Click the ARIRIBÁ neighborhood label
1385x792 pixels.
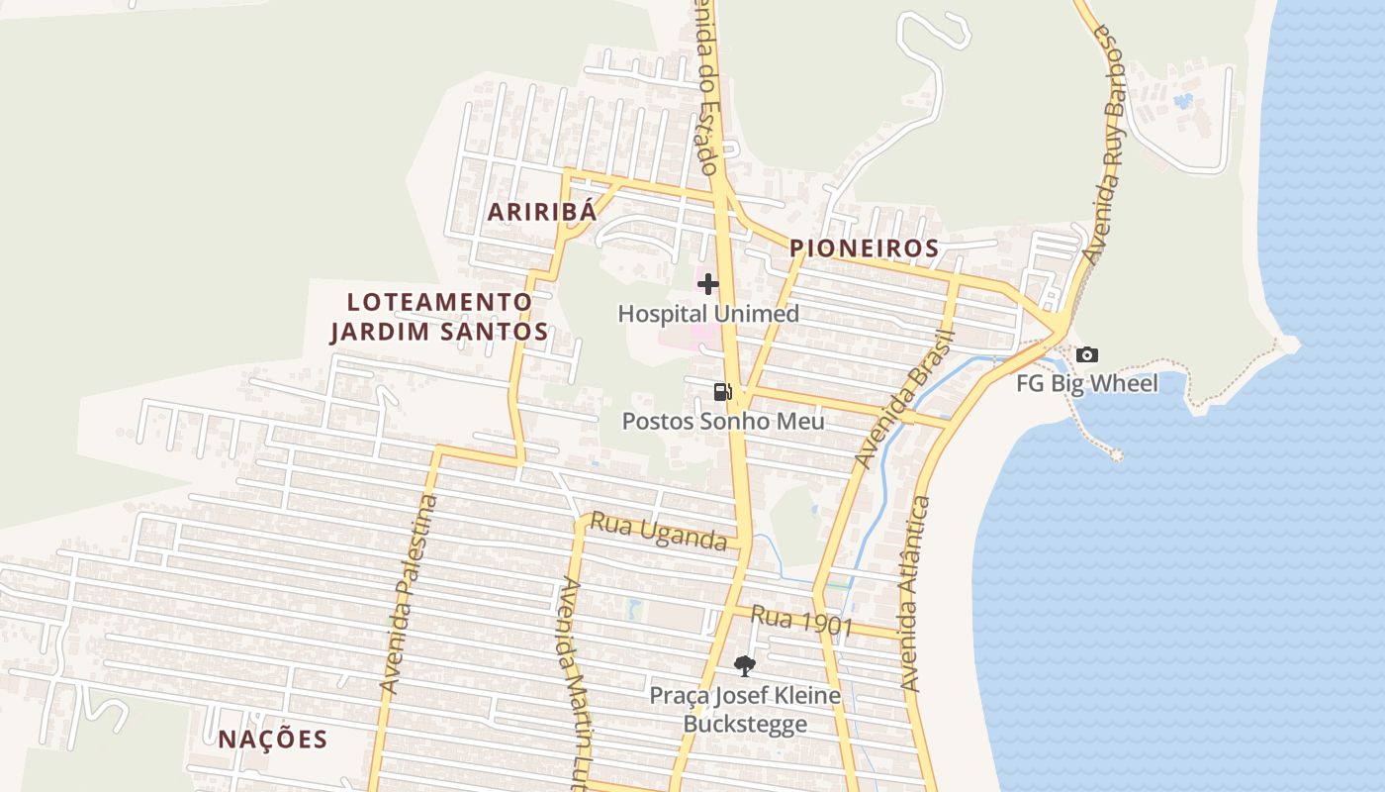(x=542, y=211)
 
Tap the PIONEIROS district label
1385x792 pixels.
(x=865, y=248)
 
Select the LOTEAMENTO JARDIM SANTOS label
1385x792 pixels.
(x=439, y=317)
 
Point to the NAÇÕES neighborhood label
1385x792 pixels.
(x=273, y=740)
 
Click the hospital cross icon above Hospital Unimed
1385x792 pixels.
(x=708, y=285)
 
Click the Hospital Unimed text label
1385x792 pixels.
(x=708, y=314)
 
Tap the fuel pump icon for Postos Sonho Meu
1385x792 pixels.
(x=723, y=392)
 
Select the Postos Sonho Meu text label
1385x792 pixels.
(x=723, y=421)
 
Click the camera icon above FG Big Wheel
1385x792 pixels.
(x=1086, y=354)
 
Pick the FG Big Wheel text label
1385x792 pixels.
(x=1086, y=383)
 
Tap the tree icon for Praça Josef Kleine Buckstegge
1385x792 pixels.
(x=745, y=666)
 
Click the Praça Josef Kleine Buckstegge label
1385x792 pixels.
(x=745, y=710)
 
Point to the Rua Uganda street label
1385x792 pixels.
(x=659, y=532)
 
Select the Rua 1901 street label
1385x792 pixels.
(x=801, y=621)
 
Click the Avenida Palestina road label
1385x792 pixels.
(x=409, y=594)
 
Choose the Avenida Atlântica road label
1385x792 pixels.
(x=915, y=594)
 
